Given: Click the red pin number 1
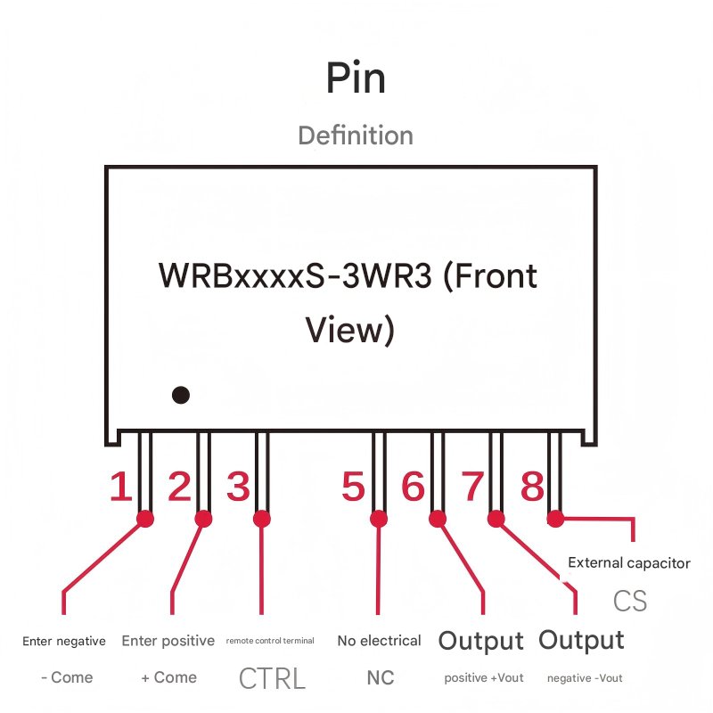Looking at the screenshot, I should [120, 488].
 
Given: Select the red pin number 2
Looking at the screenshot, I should [179, 488].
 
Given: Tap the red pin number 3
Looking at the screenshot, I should [238, 488].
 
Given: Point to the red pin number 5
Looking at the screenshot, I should [354, 488].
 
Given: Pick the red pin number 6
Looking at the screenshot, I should [413, 488].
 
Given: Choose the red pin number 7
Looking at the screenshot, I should [471, 488].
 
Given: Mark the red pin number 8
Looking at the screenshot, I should [532, 488].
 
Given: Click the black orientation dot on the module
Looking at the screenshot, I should [181, 394].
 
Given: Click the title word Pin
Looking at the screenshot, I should [356, 78].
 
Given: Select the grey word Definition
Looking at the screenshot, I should [356, 135].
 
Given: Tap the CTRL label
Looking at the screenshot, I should [272, 678].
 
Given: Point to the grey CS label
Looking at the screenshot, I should [629, 601].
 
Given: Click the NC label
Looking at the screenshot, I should [381, 678].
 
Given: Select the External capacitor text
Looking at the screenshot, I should [629, 563].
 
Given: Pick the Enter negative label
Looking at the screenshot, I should [64, 641].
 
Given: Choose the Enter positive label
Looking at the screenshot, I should [168, 641].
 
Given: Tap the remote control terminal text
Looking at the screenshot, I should [270, 641].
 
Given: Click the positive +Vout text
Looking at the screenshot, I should [484, 678].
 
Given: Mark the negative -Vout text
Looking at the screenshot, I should [585, 678].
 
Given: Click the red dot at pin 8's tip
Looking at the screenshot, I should [555, 517].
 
